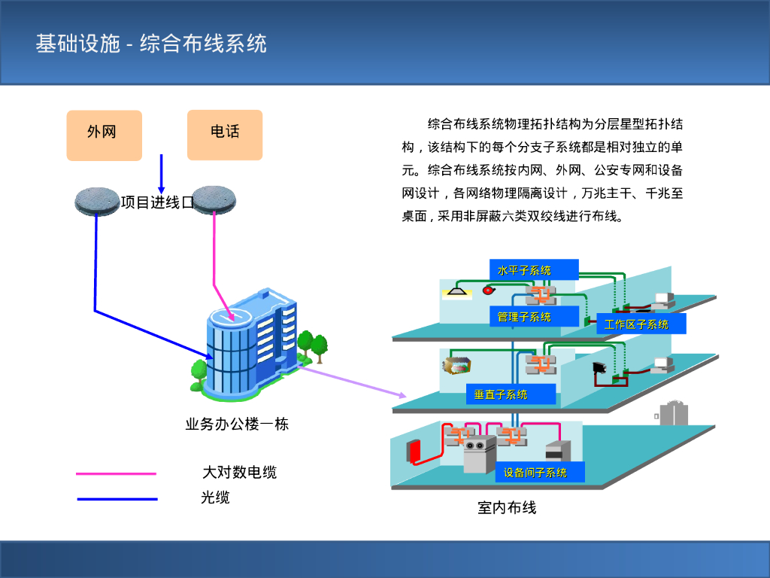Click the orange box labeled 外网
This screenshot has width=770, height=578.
[104, 135]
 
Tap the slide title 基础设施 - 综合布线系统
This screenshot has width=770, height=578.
[151, 44]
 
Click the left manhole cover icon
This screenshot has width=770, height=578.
[99, 200]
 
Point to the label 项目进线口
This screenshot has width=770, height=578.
[157, 202]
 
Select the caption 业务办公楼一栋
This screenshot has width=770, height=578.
[237, 424]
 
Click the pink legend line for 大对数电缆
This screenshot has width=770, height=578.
[116, 474]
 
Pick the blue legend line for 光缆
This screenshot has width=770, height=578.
[116, 499]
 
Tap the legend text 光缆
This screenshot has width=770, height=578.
[215, 497]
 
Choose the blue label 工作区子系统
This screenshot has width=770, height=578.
[636, 324]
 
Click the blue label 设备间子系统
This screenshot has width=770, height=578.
[535, 473]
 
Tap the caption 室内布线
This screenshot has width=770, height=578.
[507, 508]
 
